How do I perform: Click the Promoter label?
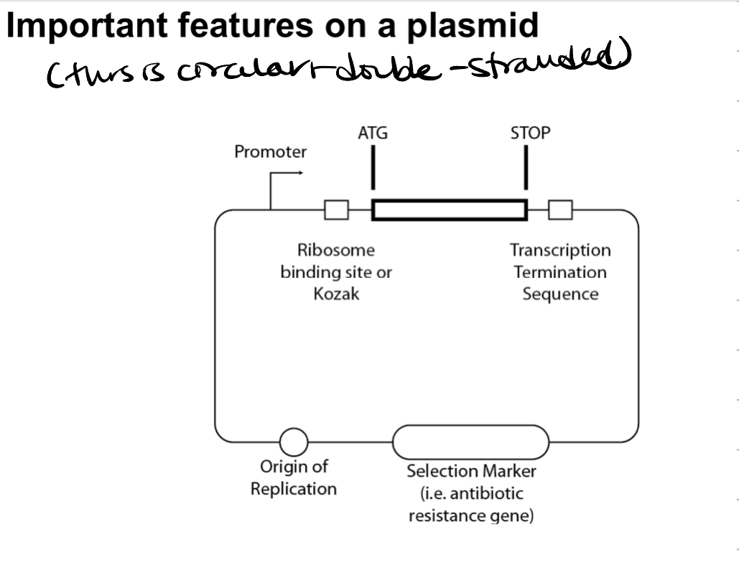(270, 151)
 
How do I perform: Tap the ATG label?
(373, 133)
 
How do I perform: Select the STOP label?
(530, 133)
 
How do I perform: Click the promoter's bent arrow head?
(300, 173)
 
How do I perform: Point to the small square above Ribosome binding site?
(337, 210)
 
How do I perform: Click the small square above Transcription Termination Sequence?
(560, 210)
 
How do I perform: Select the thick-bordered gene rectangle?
(450, 210)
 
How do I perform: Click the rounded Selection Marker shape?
(471, 426)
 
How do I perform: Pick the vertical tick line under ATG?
(373, 167)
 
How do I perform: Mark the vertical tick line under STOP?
(526, 167)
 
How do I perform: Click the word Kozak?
(336, 294)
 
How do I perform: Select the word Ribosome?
(336, 250)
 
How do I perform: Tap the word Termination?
(560, 272)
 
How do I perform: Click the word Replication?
(294, 489)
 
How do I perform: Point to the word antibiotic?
(486, 493)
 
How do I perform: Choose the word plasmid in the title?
(473, 26)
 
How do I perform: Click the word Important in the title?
(87, 26)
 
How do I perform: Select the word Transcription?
(560, 250)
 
